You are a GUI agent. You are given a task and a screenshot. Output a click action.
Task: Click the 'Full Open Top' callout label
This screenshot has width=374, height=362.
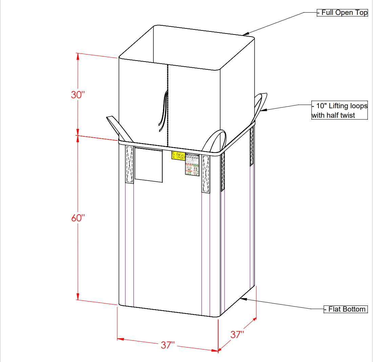click(x=342, y=13)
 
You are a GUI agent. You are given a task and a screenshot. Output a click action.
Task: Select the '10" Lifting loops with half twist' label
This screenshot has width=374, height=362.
click(x=339, y=111)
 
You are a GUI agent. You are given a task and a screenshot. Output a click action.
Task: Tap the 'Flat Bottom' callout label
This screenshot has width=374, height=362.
click(x=345, y=309)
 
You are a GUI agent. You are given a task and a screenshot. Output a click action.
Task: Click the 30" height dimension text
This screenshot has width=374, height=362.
click(x=78, y=95)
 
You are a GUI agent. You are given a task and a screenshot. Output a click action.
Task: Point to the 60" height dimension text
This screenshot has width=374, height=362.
click(x=78, y=218)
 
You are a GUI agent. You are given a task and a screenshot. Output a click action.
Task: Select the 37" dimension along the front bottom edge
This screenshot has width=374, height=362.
click(x=168, y=345)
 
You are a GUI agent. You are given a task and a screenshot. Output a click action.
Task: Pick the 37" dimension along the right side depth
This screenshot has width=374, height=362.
click(x=237, y=335)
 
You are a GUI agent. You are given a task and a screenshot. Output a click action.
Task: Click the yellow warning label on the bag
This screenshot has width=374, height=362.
click(x=178, y=156)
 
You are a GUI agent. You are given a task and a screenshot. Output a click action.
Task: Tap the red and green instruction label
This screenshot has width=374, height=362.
click(x=192, y=164)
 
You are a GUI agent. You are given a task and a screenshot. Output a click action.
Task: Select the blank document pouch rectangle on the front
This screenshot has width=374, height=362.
click(x=148, y=164)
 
